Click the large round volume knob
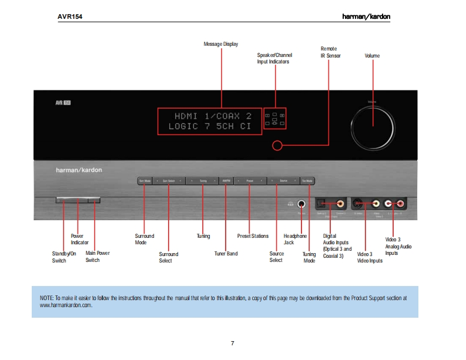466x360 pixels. tap(372, 124)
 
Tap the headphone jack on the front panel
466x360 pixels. tap(301, 204)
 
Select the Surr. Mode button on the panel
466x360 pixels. tap(145, 181)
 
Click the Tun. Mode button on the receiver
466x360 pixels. tap(307, 181)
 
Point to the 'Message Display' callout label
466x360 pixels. tap(220, 44)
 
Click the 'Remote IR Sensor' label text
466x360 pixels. tap(330, 52)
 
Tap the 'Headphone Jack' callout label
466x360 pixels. tap(295, 239)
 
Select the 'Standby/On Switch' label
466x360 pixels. tap(63, 257)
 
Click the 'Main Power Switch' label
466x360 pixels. tap(98, 257)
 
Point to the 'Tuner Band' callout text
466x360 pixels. tap(226, 254)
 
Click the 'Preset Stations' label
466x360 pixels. tap(253, 236)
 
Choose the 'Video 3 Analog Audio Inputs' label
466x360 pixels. tap(398, 246)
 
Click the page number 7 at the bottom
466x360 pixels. tap(233, 344)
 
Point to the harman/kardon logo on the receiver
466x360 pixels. tap(79, 170)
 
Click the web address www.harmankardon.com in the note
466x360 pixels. tap(66, 305)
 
